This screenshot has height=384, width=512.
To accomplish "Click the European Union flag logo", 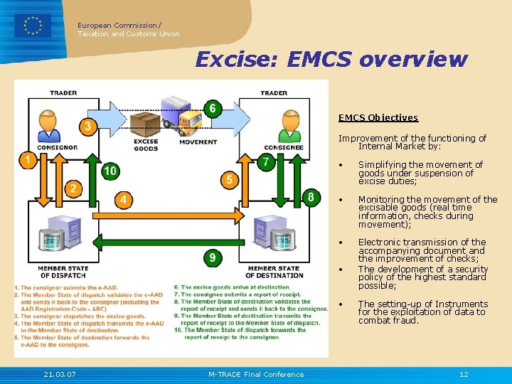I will coord(33,26).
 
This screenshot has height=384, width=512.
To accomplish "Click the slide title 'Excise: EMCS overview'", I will coord(331,59).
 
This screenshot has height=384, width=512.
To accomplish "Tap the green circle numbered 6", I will coord(211,109).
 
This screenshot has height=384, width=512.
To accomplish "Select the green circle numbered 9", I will coord(212,257).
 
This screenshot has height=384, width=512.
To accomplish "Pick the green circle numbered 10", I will coord(110,171).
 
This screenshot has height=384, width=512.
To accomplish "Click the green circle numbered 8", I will coord(311,197).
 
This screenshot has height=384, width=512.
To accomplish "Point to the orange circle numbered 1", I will coord(28,160).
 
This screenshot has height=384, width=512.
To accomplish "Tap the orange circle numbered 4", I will coord(124,200).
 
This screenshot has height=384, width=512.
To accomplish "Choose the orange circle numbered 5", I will coord(229,180).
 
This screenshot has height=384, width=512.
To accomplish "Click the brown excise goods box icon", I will coord(146,126).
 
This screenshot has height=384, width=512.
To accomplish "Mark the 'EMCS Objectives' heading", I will coord(378,118).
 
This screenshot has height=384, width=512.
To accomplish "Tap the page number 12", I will coord(464,375).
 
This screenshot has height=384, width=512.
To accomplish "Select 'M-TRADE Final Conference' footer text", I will coord(256,375).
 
